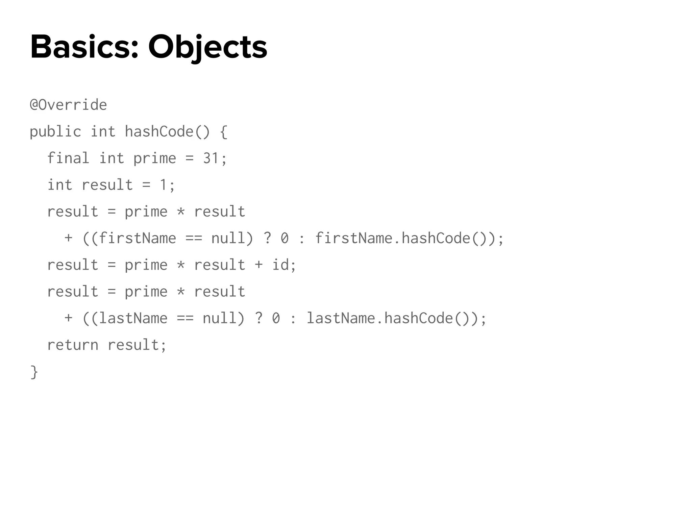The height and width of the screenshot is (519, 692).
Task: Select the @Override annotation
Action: click(68, 105)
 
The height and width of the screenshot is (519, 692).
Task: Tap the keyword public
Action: click(55, 131)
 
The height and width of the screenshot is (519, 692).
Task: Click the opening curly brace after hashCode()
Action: click(224, 131)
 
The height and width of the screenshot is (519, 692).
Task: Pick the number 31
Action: click(211, 158)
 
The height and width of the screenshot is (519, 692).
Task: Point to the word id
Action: click(280, 265)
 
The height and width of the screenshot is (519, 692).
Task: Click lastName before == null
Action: click(133, 318)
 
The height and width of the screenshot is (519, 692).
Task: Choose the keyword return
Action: click(73, 345)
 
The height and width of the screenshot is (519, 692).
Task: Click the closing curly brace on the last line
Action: click(34, 372)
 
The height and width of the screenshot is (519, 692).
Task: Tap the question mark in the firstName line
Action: click(267, 238)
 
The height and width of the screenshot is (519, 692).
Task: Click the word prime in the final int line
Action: click(155, 158)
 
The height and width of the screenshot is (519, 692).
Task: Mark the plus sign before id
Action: click(259, 265)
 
